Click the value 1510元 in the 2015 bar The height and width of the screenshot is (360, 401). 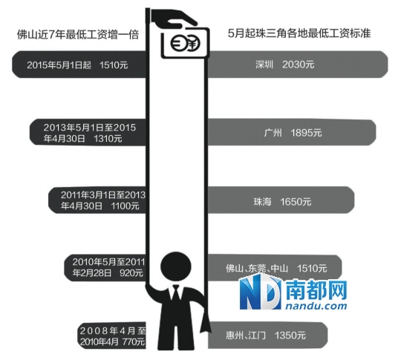click(x=114, y=65)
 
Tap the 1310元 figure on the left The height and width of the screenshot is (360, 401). click(x=108, y=139)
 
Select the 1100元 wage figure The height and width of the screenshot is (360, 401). click(x=125, y=206)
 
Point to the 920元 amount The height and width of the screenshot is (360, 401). click(x=131, y=273)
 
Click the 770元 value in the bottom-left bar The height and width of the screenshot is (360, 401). click(x=134, y=341)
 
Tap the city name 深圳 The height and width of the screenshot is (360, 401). click(x=264, y=65)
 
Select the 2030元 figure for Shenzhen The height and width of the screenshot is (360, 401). click(x=299, y=65)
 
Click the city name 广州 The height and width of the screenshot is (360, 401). click(x=273, y=133)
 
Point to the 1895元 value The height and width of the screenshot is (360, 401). click(x=306, y=133)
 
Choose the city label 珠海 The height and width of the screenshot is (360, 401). click(x=262, y=202)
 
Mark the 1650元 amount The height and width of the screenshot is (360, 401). click(x=296, y=202)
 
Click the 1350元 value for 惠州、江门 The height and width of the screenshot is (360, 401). click(x=290, y=336)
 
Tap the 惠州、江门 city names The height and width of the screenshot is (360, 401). click(x=246, y=336)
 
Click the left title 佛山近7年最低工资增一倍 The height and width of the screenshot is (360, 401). click(x=78, y=35)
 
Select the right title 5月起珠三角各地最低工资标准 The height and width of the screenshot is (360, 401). click(x=299, y=33)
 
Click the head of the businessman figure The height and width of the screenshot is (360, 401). click(x=176, y=266)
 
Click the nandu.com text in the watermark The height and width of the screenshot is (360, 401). click(x=316, y=306)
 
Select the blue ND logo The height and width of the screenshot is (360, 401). click(x=260, y=292)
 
